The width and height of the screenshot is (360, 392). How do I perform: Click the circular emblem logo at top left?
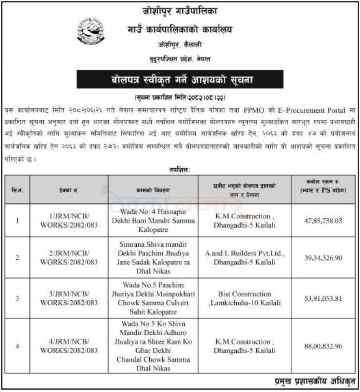[91, 31]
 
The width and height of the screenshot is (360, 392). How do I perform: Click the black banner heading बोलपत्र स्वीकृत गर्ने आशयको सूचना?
[180, 79]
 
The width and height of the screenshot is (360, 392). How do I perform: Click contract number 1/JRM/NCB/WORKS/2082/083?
[69, 221]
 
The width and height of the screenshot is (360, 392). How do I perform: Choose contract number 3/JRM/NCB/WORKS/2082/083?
[69, 298]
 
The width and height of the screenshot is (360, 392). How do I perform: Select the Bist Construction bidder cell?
[245, 298]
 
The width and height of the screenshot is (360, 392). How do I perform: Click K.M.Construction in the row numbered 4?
[245, 346]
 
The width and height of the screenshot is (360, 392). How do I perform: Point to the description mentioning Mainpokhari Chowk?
[153, 298]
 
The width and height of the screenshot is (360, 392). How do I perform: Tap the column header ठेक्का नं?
[69, 190]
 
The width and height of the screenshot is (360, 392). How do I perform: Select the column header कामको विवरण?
[153, 190]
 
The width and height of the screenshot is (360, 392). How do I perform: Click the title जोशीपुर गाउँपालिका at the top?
[180, 10]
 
